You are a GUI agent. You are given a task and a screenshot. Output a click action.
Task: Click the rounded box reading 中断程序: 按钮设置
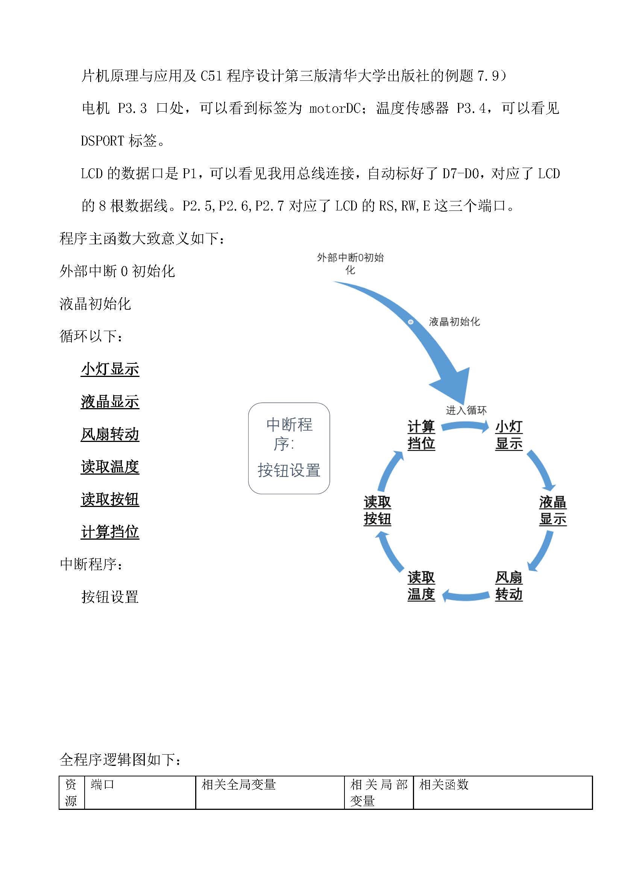(x=289, y=448)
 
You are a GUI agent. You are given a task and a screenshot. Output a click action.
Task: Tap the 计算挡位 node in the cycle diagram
(x=421, y=435)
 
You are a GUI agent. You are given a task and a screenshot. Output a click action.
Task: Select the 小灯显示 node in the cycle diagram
(x=509, y=435)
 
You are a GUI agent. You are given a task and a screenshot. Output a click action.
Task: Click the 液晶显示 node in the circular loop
(x=552, y=510)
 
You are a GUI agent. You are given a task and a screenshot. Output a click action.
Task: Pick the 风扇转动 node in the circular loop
(x=509, y=586)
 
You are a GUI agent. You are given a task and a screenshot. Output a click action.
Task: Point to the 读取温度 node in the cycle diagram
(x=421, y=586)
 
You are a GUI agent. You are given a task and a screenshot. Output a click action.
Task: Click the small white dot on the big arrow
(x=411, y=322)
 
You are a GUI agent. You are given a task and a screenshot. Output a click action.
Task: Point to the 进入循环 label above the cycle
(x=466, y=410)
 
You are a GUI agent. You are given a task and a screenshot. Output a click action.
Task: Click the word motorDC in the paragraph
(x=335, y=109)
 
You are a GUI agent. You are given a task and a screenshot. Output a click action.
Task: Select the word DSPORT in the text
(x=103, y=141)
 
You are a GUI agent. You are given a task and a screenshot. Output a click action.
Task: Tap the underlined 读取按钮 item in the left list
(x=110, y=499)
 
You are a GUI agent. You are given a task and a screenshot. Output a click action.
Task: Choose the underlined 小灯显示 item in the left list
(x=110, y=369)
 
